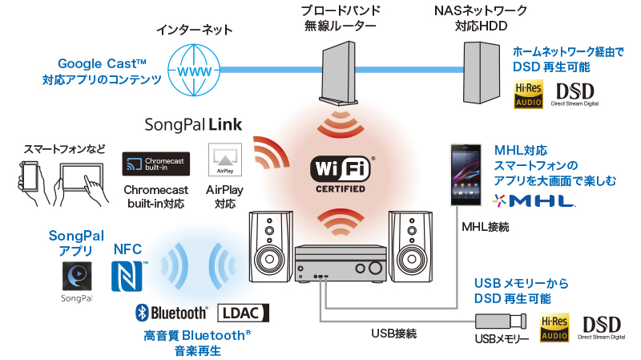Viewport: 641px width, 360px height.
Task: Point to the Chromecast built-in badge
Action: [x=155, y=164]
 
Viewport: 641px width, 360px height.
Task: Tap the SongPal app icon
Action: [x=76, y=277]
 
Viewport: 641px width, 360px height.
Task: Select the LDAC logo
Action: [x=244, y=313]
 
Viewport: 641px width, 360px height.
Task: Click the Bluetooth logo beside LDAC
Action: [x=171, y=313]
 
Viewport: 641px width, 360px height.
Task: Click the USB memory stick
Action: [x=500, y=322]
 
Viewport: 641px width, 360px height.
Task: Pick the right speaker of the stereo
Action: [x=407, y=245]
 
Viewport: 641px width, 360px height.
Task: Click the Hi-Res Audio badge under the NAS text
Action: [x=530, y=95]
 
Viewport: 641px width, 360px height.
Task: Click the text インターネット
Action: [x=194, y=30]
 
